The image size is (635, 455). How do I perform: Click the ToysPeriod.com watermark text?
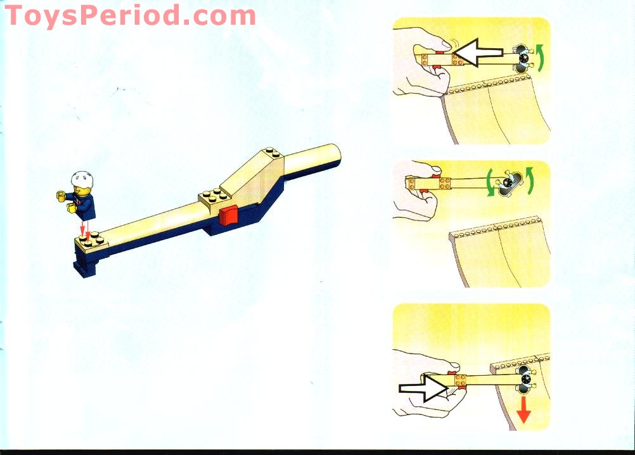click(130, 16)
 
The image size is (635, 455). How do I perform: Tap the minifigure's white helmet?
click(82, 179)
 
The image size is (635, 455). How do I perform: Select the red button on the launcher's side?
click(228, 215)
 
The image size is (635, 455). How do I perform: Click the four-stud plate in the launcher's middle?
click(215, 196)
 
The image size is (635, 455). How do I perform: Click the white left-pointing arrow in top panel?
click(477, 52)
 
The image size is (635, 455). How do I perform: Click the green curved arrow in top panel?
click(541, 58)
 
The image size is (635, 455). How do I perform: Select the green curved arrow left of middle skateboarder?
click(490, 183)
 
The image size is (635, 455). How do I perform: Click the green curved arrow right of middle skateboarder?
click(529, 181)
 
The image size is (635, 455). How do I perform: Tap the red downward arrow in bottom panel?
click(523, 410)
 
